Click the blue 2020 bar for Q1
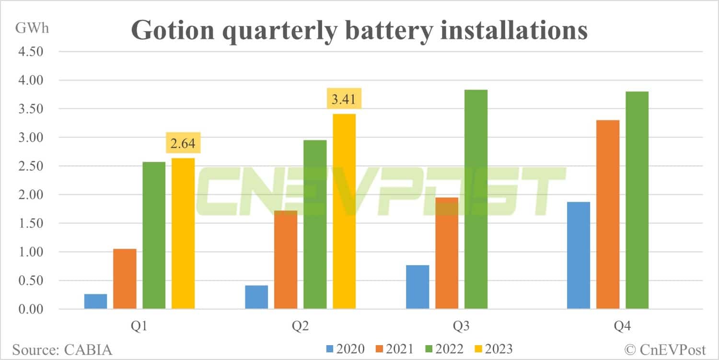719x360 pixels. (96, 302)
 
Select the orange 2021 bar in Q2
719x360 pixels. (286, 260)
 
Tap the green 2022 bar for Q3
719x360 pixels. (476, 199)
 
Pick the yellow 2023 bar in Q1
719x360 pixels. (183, 233)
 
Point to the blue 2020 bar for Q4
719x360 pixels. (579, 255)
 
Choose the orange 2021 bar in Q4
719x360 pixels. (608, 214)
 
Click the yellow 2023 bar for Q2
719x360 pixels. (344, 211)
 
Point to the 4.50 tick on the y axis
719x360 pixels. (30, 52)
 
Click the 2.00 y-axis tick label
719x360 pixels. (30, 195)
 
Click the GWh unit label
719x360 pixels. (32, 28)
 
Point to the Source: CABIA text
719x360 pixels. (62, 349)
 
